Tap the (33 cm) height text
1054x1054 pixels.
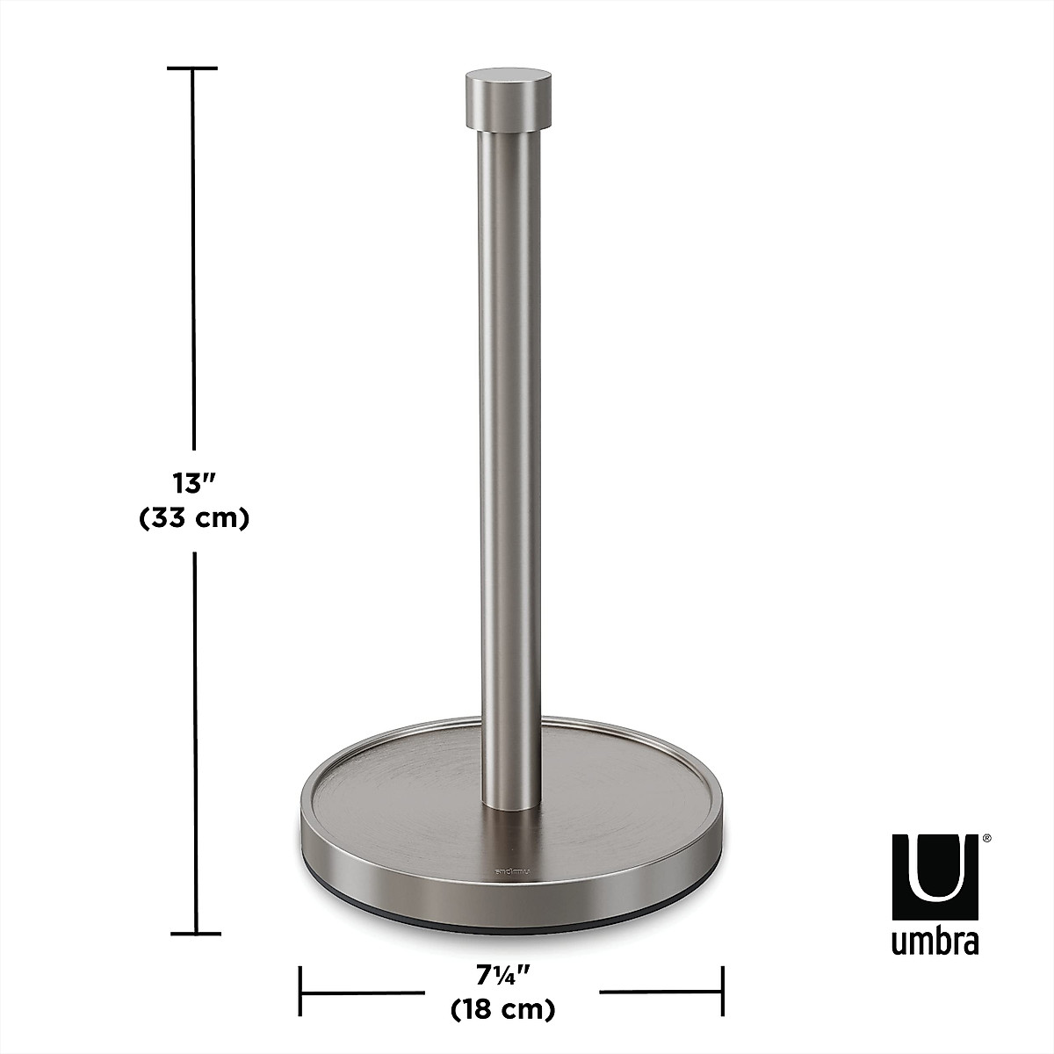click(x=194, y=519)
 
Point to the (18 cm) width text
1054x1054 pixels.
click(x=502, y=1009)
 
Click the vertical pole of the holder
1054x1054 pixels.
click(x=504, y=439)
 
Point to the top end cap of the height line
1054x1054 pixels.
click(x=192, y=68)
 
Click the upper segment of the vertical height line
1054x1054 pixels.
click(x=193, y=263)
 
